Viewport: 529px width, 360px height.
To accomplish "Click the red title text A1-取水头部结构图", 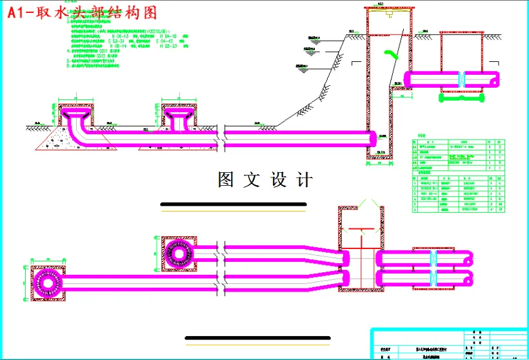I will coord(82,12).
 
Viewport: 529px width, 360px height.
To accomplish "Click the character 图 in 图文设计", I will coord(227,180).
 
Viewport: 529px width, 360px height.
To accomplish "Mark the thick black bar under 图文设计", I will coord(233,205).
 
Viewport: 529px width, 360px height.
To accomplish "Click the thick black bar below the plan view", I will coord(257,337).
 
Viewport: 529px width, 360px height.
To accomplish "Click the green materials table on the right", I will coord(458,174).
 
